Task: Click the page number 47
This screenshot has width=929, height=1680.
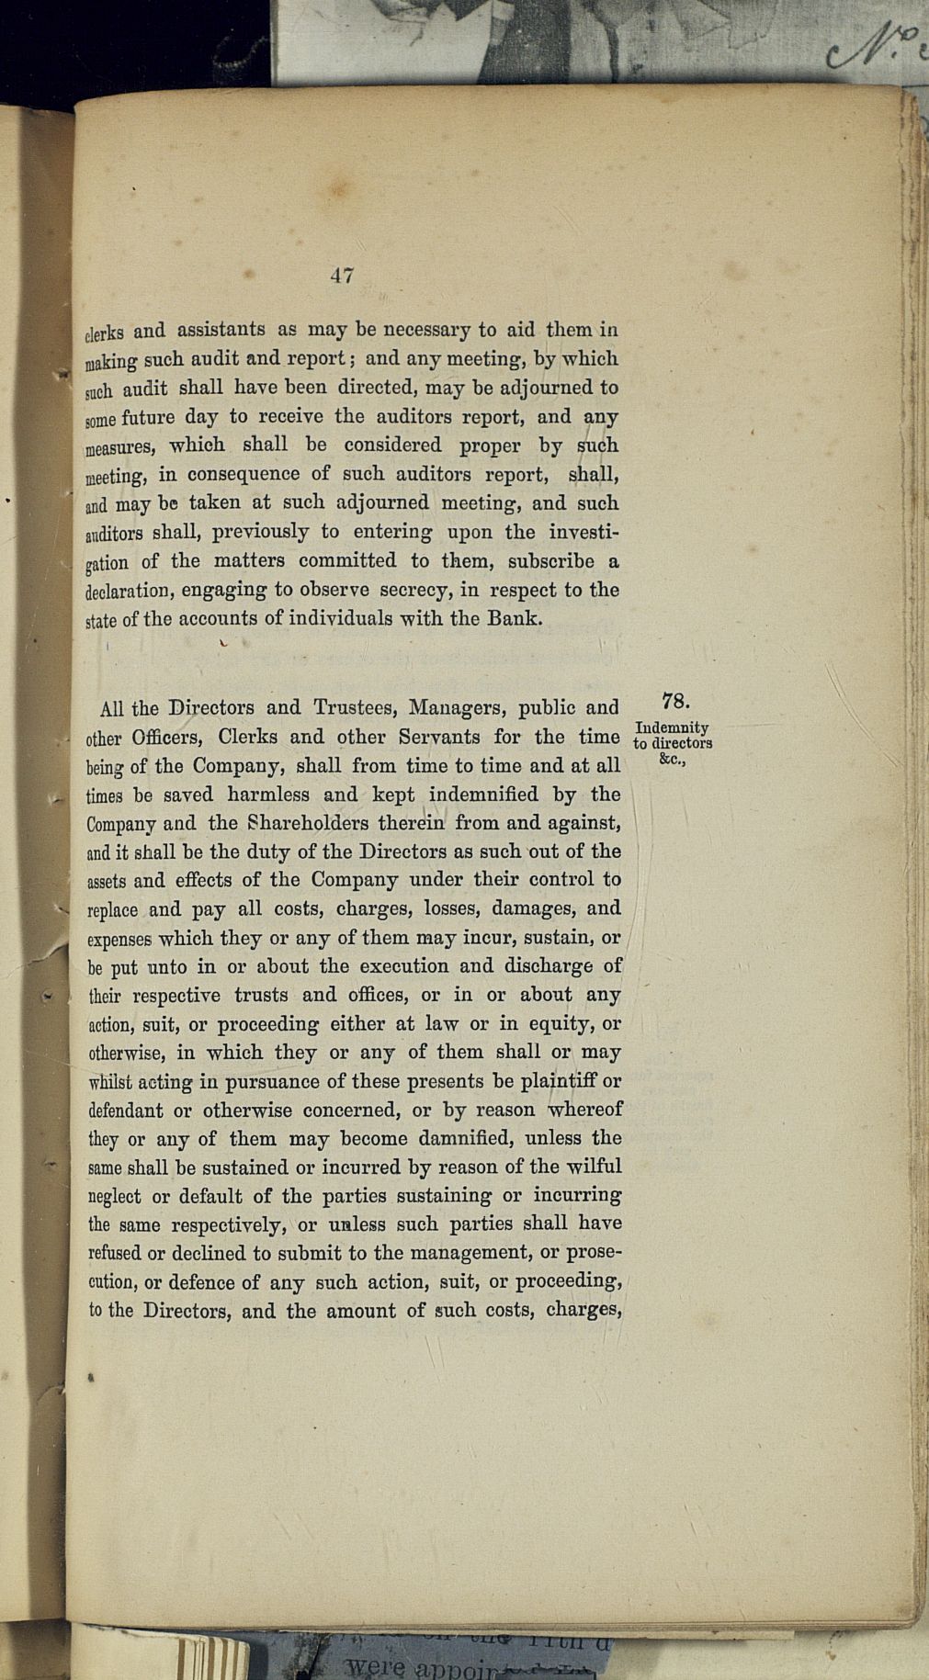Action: tap(342, 275)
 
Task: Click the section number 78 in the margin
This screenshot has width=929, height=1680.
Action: tap(674, 701)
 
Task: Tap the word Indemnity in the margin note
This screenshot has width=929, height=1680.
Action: tap(672, 728)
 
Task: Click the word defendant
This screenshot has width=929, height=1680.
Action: tap(125, 1111)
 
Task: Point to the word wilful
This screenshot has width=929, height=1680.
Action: tap(595, 1167)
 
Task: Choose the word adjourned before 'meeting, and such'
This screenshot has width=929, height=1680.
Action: tap(382, 503)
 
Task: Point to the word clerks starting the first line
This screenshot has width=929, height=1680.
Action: tap(104, 333)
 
